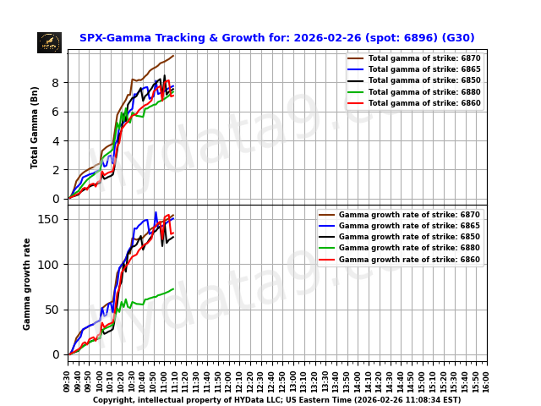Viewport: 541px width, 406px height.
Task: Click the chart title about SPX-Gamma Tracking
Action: pyautogui.click(x=276, y=38)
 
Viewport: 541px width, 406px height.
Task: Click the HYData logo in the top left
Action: pyautogui.click(x=49, y=42)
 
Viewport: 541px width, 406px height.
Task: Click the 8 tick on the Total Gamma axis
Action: pyautogui.click(x=57, y=83)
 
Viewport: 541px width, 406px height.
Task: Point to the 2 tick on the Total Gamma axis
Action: pyautogui.click(x=57, y=170)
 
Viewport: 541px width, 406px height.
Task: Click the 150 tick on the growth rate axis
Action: pyautogui.click(x=52, y=219)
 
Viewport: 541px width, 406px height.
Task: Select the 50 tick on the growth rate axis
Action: pyautogui.click(x=54, y=310)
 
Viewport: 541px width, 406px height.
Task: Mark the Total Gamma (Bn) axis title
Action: pyautogui.click(x=36, y=127)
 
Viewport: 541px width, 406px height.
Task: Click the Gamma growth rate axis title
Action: pyautogui.click(x=27, y=283)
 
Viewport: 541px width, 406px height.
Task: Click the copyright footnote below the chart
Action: pyautogui.click(x=276, y=400)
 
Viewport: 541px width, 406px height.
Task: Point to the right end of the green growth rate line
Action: pyautogui.click(x=173, y=289)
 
